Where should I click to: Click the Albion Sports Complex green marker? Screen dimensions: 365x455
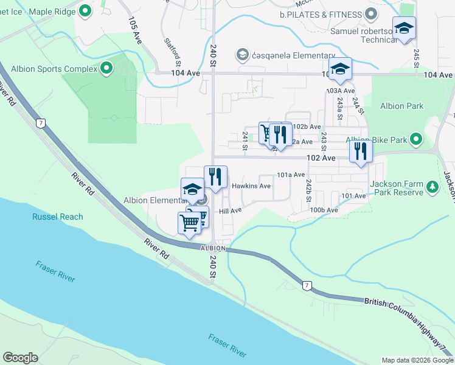107,68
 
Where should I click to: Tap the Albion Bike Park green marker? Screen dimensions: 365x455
417,140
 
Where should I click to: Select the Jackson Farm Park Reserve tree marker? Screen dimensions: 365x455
432,186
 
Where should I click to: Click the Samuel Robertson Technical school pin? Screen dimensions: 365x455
403,29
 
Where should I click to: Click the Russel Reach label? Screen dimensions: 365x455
53,217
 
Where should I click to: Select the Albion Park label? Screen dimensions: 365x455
401,106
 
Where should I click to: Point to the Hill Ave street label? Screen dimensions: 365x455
231,210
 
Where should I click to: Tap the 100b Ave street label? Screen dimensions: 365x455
324,210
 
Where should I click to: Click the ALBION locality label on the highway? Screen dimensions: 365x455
214,248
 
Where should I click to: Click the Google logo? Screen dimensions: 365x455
21,358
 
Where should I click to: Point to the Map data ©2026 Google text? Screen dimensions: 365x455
417,360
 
